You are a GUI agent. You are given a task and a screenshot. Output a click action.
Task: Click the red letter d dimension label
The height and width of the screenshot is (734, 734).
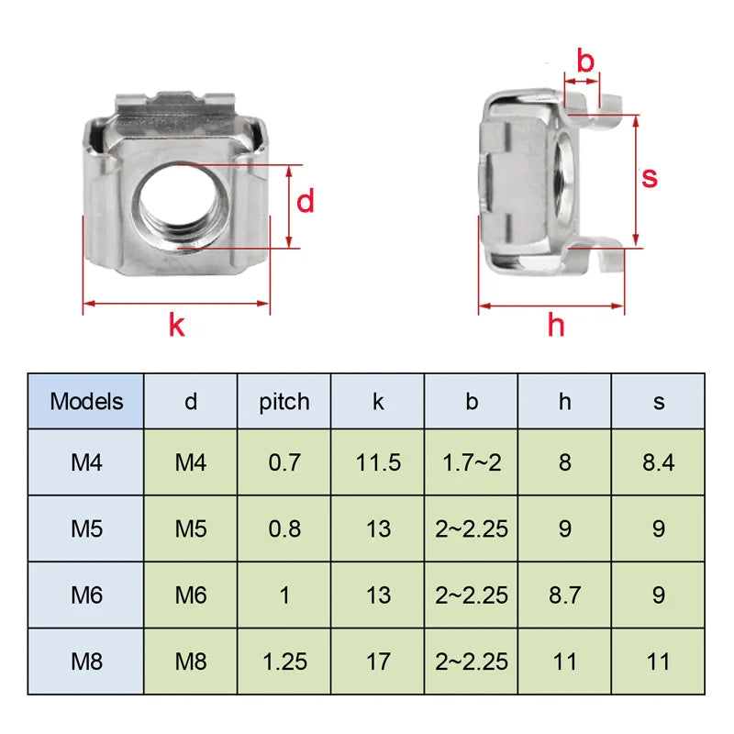[306, 201]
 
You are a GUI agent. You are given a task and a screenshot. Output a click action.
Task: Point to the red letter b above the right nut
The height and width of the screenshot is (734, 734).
[585, 61]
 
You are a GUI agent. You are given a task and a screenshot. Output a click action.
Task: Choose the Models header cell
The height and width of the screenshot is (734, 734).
[86, 401]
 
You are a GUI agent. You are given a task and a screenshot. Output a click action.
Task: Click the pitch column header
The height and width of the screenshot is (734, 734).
[284, 401]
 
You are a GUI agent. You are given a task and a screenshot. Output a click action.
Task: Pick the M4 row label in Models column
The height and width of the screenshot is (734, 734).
[86, 462]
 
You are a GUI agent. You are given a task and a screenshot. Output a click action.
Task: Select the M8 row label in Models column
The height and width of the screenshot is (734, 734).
[86, 661]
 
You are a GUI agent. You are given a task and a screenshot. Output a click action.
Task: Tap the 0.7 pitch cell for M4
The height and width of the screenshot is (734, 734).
[284, 462]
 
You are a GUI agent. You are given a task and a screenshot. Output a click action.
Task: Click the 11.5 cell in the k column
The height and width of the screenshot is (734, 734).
[378, 462]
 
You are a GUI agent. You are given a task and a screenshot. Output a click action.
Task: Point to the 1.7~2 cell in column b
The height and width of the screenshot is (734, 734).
[472, 462]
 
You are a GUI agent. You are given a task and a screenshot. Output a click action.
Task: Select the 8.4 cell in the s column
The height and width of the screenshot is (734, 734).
[658, 462]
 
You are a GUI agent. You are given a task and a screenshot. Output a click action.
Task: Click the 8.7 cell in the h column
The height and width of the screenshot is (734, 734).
[564, 595]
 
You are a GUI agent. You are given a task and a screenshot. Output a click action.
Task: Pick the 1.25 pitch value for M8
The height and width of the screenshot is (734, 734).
[284, 661]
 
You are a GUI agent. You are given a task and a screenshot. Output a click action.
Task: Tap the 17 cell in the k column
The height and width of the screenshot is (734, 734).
[378, 661]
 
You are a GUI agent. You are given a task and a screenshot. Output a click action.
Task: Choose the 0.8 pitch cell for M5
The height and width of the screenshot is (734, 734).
[284, 528]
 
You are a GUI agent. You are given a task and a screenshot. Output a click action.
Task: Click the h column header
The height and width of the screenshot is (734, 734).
[564, 401]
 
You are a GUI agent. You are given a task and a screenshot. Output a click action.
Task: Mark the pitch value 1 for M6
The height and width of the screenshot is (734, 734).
[284, 595]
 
